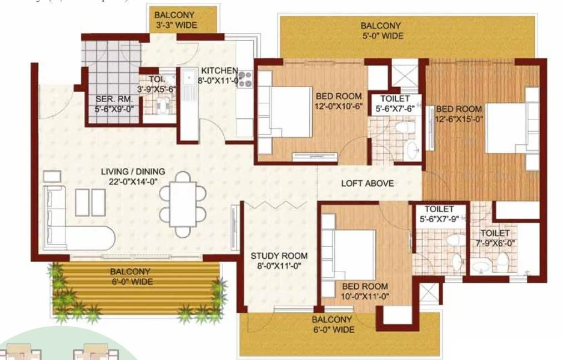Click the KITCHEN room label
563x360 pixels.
point(219,71)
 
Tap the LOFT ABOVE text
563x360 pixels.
point(367,183)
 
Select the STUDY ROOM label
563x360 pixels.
point(279,256)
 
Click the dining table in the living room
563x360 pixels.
point(182,204)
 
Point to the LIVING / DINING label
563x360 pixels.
point(133,172)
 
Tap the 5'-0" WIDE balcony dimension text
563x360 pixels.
point(381,36)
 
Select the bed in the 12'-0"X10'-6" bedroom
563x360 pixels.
point(286,111)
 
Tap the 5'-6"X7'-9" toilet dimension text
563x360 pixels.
point(437,219)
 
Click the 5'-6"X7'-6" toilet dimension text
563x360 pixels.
point(395,109)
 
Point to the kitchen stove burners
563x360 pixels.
point(246,80)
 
